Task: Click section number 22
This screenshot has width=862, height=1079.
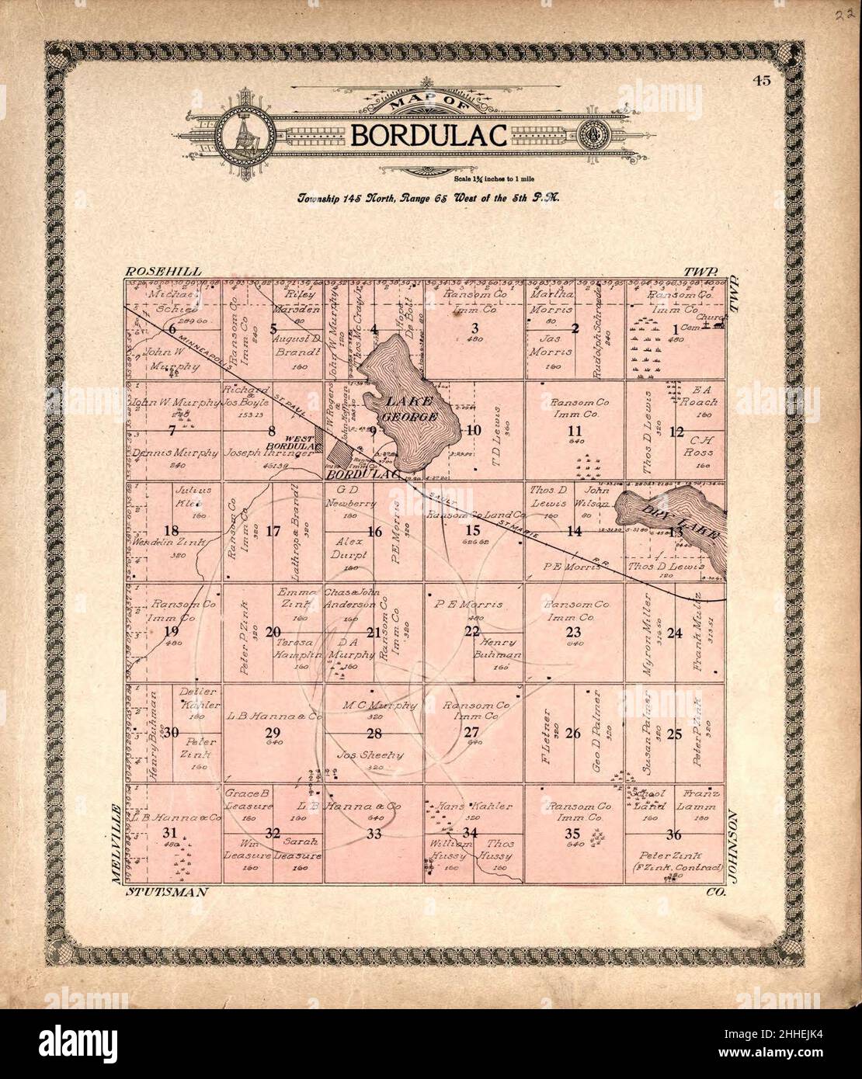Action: click(471, 630)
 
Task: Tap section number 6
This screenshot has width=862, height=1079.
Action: click(172, 329)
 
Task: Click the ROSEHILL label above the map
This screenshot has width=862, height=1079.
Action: click(163, 272)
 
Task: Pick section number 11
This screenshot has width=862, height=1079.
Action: click(574, 432)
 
